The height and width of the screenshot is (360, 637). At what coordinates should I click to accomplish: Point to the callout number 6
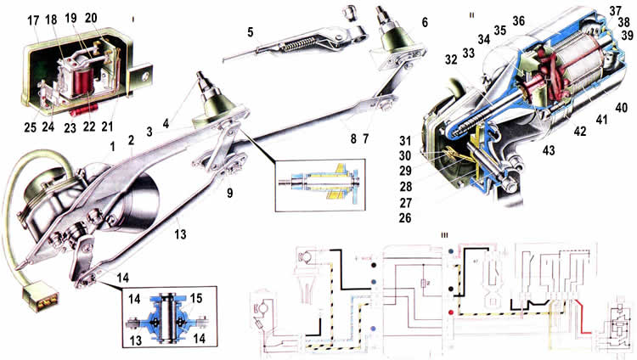[x=425, y=21]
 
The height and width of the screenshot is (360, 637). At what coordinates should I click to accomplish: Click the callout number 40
[x=621, y=108]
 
